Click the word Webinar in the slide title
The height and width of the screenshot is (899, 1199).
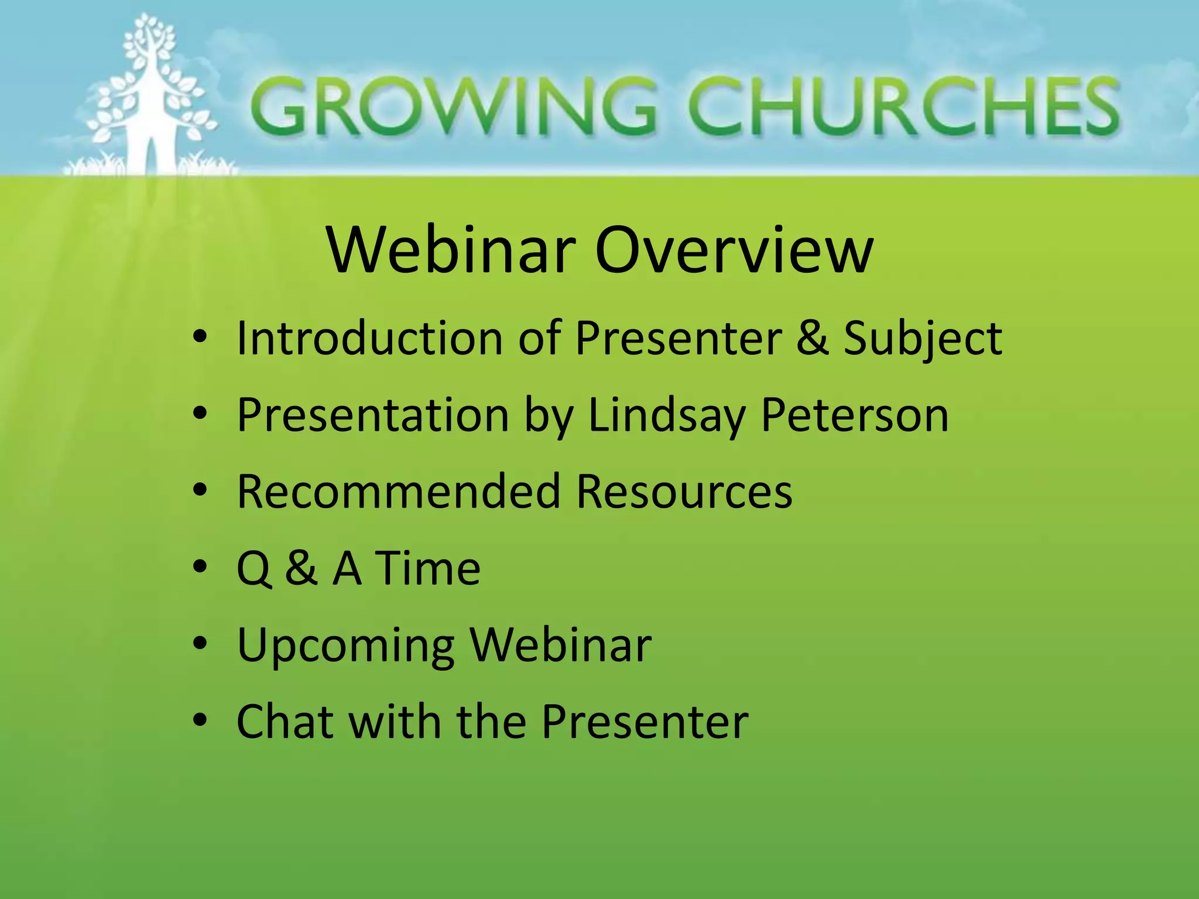[x=451, y=251]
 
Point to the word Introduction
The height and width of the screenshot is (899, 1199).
[x=369, y=338]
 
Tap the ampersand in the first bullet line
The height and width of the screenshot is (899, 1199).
[x=812, y=338]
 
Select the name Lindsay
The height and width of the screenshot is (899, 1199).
[x=667, y=416]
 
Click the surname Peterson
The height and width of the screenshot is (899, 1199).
[x=855, y=415]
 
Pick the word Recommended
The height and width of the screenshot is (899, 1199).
[x=399, y=491]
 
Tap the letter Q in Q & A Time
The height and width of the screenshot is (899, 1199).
[x=253, y=569]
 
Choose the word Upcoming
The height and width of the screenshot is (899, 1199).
[x=345, y=646]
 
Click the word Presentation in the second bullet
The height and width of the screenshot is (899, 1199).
[x=372, y=415]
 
